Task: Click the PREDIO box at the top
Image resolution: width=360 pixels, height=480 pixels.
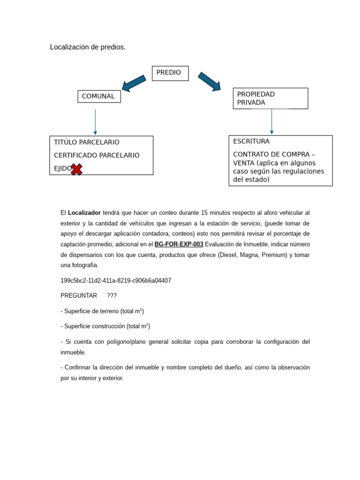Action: click(170, 73)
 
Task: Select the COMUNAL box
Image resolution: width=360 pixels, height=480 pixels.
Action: click(99, 97)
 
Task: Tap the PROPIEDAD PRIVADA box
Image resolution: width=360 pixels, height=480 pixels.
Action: click(270, 98)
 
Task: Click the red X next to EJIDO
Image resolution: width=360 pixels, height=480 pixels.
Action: click(76, 169)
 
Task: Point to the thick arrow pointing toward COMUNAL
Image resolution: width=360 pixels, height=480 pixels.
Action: click(134, 82)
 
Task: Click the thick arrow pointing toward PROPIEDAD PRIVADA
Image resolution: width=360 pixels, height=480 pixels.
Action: click(209, 81)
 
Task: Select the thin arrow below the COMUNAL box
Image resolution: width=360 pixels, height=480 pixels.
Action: click(95, 122)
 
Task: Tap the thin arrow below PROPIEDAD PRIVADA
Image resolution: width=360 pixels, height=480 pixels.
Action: click(271, 122)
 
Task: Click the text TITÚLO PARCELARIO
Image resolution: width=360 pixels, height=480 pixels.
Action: click(87, 142)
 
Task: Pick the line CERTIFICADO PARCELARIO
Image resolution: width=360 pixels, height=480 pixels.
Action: click(97, 156)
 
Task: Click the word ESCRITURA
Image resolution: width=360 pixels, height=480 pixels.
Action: click(251, 142)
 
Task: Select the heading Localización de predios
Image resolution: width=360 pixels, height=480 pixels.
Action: click(88, 47)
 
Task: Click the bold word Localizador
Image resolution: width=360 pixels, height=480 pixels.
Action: click(84, 213)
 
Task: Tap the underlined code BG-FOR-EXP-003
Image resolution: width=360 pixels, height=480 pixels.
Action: click(179, 244)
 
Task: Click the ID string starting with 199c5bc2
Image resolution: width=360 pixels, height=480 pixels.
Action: click(116, 281)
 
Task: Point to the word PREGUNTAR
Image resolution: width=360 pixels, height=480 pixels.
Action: click(79, 296)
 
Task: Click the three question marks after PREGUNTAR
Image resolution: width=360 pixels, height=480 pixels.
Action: click(112, 296)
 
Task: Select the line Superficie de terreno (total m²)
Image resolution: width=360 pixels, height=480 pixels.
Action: click(102, 311)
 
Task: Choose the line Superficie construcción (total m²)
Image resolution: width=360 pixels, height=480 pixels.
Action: click(105, 326)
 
